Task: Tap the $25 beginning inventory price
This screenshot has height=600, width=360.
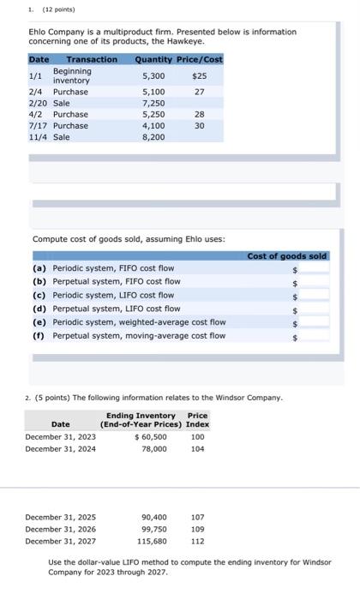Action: tap(200, 75)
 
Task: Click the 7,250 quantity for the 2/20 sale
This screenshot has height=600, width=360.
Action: tap(153, 103)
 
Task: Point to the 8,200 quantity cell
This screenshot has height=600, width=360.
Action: tap(153, 136)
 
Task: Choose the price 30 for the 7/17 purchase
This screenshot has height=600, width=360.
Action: tap(200, 125)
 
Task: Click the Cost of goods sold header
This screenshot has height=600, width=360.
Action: tap(287, 256)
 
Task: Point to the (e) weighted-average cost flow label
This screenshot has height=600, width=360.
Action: tap(129, 322)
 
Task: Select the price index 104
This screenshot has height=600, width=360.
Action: tap(197, 448)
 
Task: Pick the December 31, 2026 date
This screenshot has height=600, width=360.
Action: tap(61, 529)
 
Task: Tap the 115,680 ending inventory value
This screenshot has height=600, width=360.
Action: tap(153, 541)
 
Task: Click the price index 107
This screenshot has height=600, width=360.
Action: tap(197, 517)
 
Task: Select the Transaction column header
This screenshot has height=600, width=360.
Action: tap(92, 59)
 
